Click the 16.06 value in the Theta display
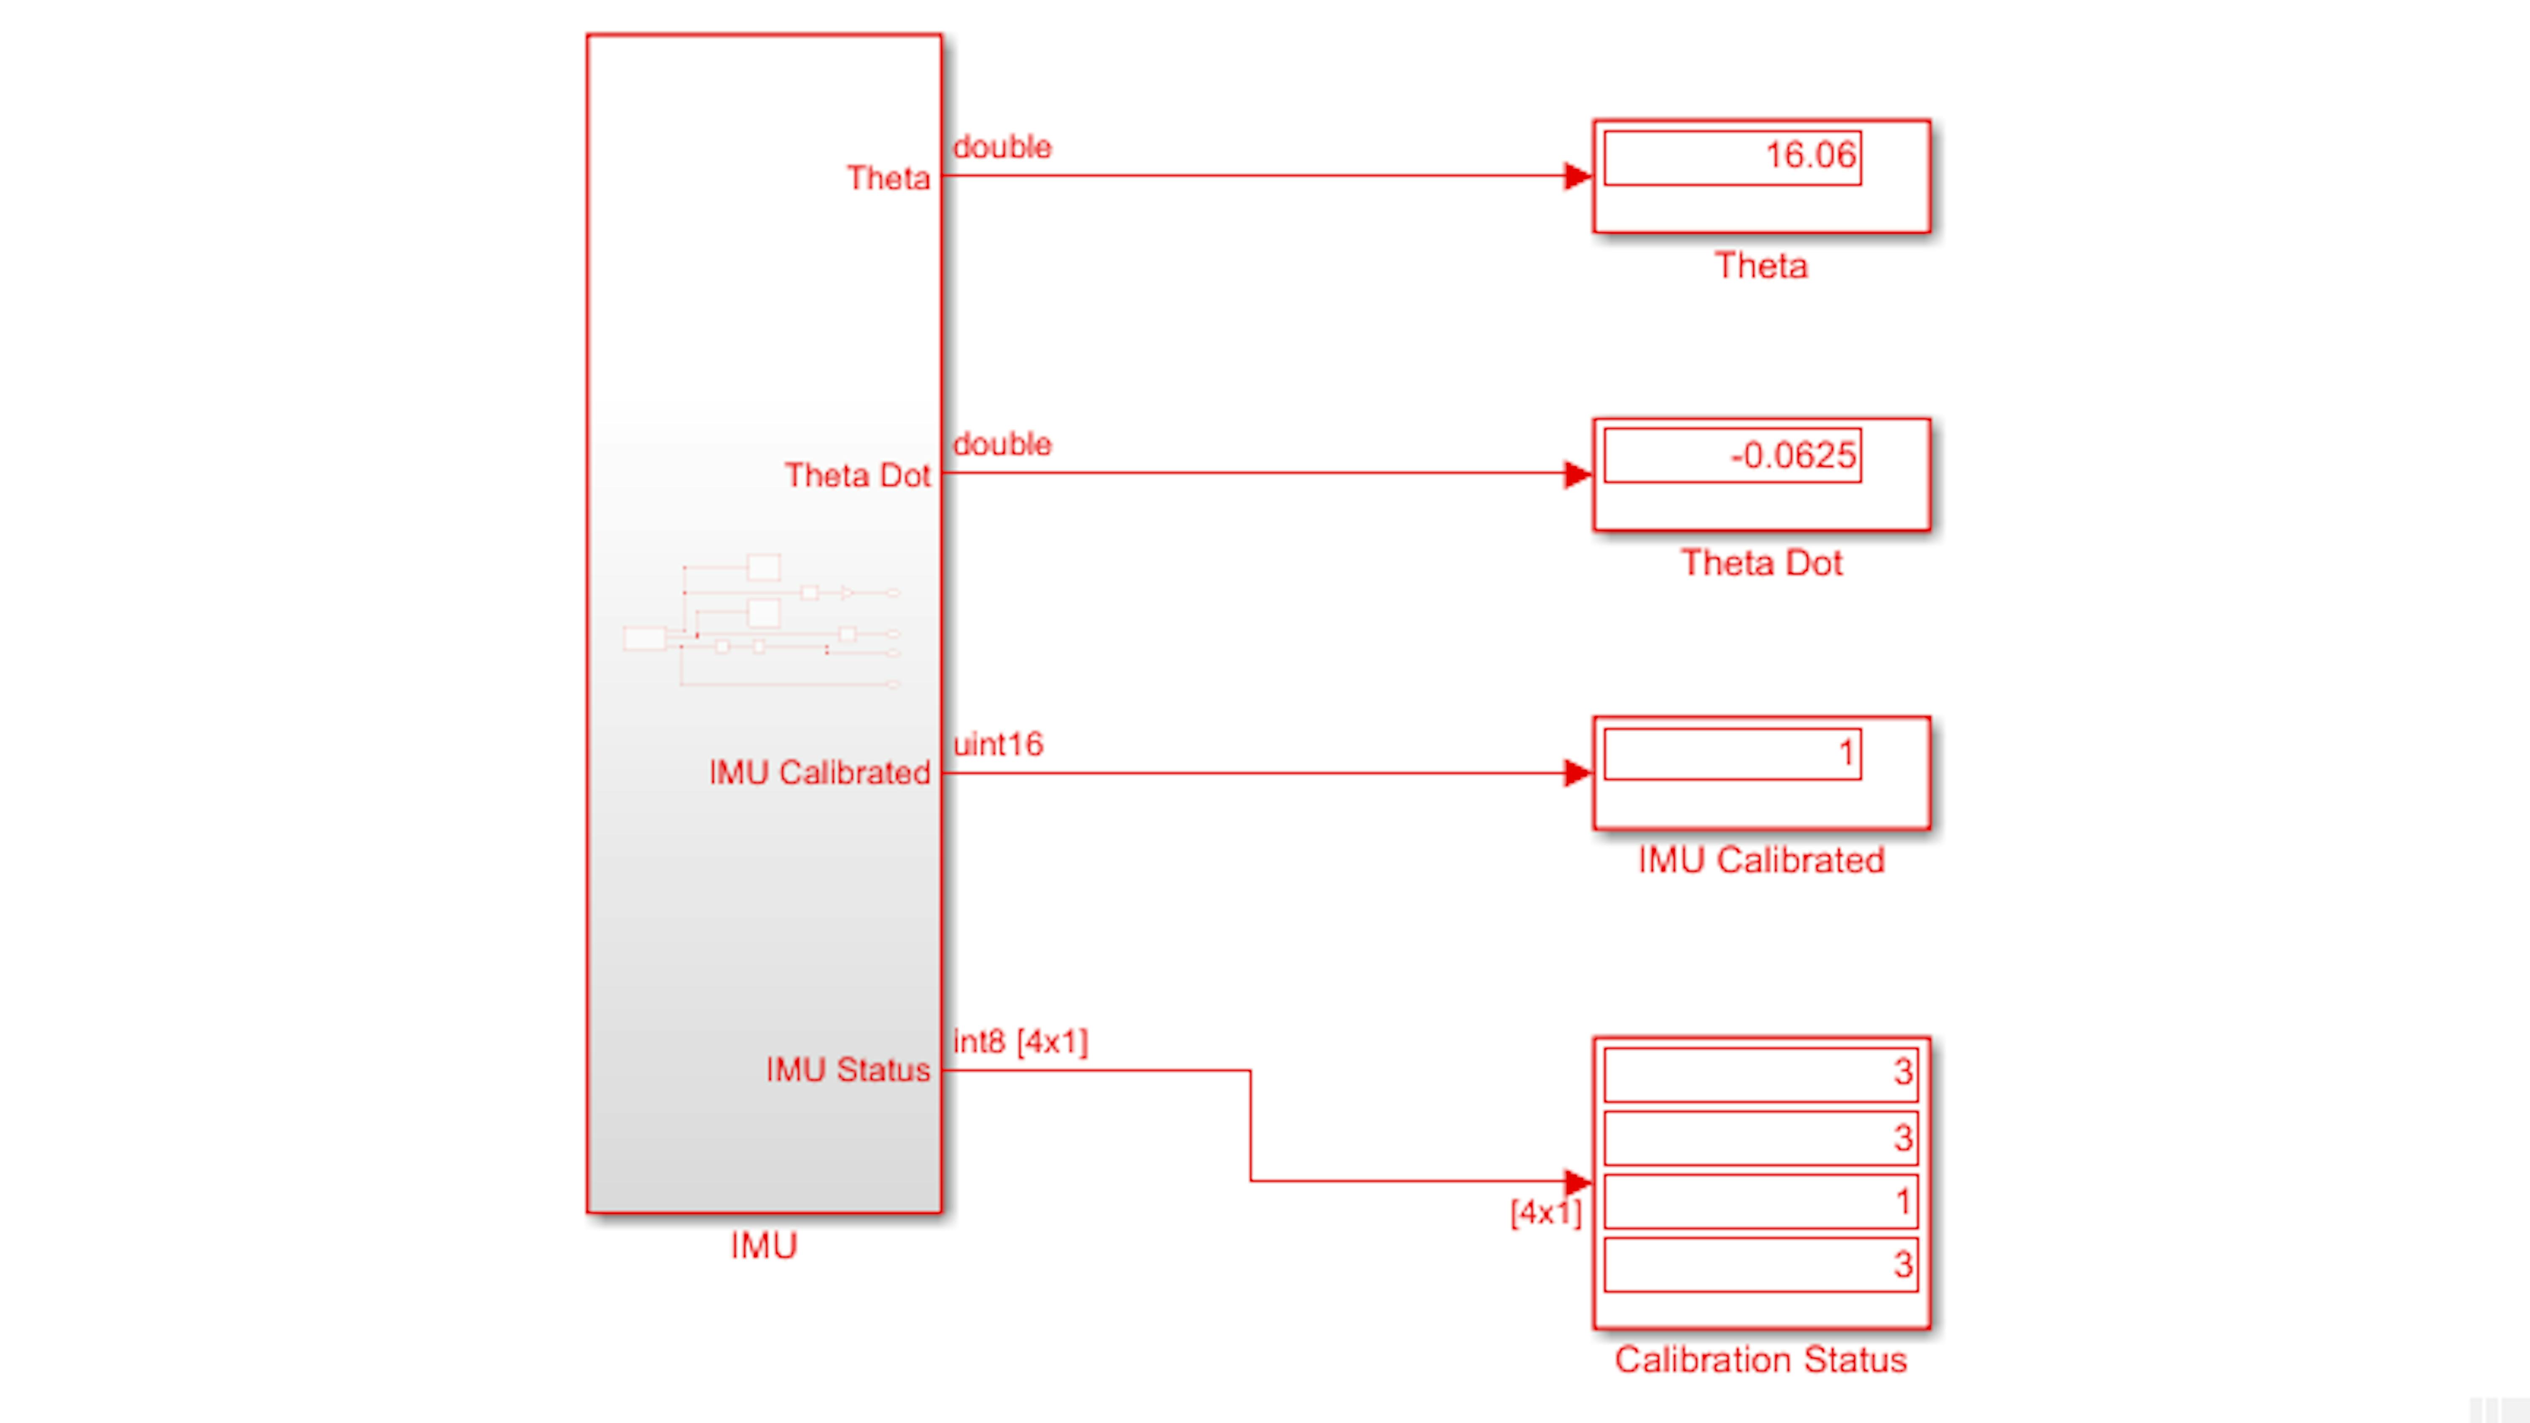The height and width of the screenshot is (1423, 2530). pyautogui.click(x=1810, y=155)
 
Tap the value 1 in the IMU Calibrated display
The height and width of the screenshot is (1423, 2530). pyautogui.click(x=1846, y=753)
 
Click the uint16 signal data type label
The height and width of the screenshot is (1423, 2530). pyautogui.click(x=998, y=745)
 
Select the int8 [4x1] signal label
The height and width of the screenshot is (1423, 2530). pyautogui.click(x=1020, y=1042)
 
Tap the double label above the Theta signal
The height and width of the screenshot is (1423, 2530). pyautogui.click(x=1002, y=147)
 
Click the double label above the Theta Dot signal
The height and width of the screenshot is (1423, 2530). pyautogui.click(x=1002, y=444)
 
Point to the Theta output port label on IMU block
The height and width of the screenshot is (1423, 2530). pyautogui.click(x=888, y=178)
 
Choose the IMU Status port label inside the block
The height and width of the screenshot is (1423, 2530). pyautogui.click(x=848, y=1069)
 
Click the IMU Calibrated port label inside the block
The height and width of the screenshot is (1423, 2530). pyautogui.click(x=819, y=773)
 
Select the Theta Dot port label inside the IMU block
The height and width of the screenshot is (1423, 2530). pyautogui.click(x=856, y=475)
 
